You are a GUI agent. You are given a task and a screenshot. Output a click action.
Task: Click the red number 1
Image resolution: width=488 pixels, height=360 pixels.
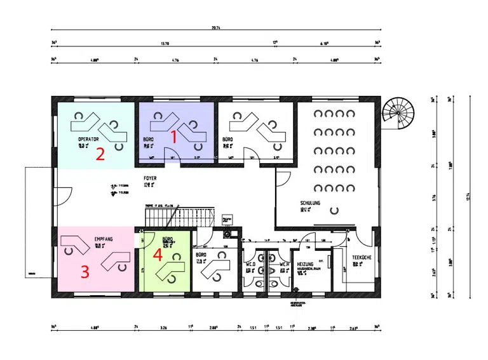[173, 135]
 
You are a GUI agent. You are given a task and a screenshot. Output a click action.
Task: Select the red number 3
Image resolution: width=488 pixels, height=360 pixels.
[84, 271]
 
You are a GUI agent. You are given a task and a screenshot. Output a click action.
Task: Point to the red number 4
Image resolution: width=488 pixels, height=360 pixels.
[158, 255]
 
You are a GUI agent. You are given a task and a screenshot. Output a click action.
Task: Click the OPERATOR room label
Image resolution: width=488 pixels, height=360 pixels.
[88, 138]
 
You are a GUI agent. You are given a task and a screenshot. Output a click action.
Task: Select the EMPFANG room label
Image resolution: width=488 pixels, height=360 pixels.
[104, 239]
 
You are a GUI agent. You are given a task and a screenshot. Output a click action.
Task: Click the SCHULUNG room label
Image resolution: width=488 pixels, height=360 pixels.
[311, 204]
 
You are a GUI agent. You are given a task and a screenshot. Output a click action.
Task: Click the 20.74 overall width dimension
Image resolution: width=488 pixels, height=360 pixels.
[216, 28]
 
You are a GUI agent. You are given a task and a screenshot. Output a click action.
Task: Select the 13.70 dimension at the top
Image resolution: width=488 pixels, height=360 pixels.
[165, 43]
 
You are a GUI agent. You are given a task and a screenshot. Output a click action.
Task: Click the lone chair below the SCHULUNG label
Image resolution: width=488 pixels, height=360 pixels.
[332, 211]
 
